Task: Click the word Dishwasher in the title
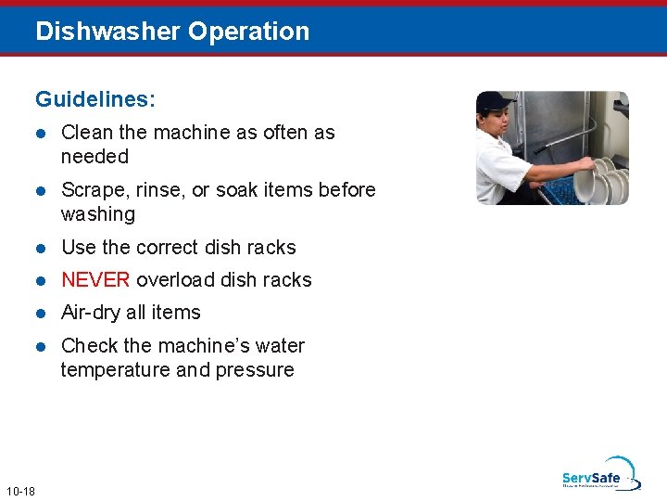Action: (107, 32)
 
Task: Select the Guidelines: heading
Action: (94, 98)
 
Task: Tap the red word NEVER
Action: (95, 280)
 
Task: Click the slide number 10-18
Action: (19, 491)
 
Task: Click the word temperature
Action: (114, 370)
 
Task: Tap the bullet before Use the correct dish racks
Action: (41, 248)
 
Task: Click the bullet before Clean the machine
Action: (41, 133)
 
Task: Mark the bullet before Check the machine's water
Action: (41, 346)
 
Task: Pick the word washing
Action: (97, 214)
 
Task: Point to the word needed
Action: (94, 157)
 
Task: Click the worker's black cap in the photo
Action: (495, 100)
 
